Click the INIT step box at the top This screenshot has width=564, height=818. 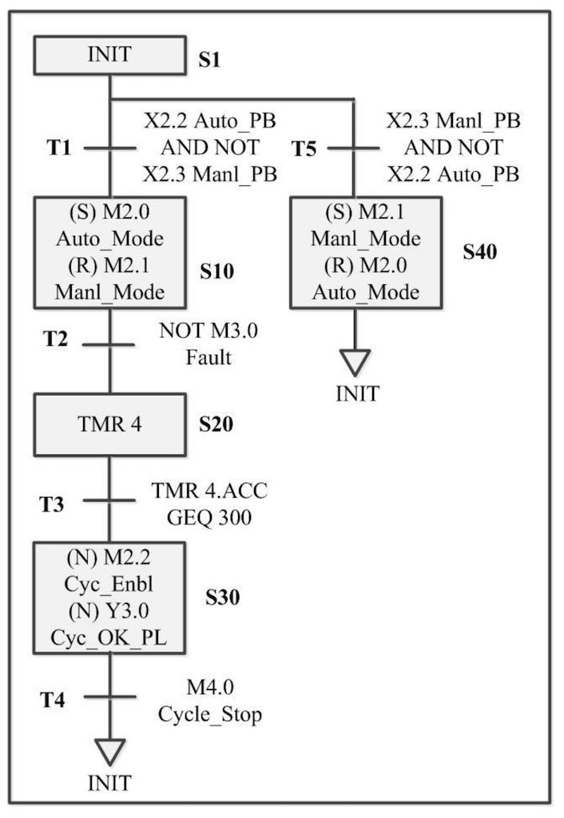(110, 55)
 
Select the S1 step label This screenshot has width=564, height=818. (209, 61)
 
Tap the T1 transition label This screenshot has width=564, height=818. (61, 148)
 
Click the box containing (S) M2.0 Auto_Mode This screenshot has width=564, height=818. (110, 252)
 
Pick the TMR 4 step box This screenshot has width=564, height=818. (110, 424)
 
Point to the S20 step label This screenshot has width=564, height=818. (216, 425)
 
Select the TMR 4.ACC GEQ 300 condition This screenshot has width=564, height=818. (209, 504)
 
